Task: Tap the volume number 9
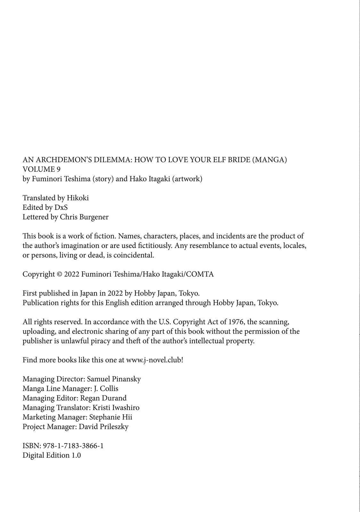pyautogui.click(x=58, y=169)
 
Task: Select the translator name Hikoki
pyautogui.click(x=77, y=198)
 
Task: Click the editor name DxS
pyautogui.click(x=61, y=207)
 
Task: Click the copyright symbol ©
pyautogui.click(x=60, y=274)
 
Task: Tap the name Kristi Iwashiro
pyautogui.click(x=116, y=408)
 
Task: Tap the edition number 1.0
pyautogui.click(x=76, y=455)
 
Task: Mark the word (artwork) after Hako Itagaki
pyautogui.click(x=187, y=179)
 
